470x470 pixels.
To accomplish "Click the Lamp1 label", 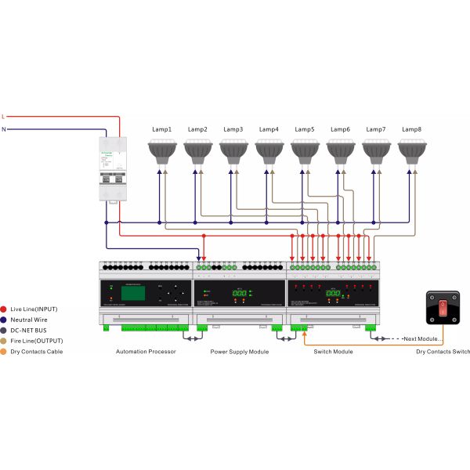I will click(161, 128).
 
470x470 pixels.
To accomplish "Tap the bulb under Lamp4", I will click(269, 150).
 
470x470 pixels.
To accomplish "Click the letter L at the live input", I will click(4, 116).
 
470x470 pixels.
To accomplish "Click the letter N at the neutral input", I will click(4, 128).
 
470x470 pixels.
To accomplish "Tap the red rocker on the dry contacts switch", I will click(443, 308).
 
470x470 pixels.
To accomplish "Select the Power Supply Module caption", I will click(239, 352).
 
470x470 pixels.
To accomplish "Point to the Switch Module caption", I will click(332, 352).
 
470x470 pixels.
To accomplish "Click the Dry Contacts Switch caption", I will click(443, 352).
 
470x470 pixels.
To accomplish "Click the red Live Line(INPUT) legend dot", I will click(5, 309).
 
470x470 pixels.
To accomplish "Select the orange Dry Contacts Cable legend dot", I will click(5, 352).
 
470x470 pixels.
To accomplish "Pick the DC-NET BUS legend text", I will click(30, 331).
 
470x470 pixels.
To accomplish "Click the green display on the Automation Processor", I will click(129, 293).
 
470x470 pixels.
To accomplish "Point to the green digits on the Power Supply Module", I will click(239, 294).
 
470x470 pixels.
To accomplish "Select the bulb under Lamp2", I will click(197, 150).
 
